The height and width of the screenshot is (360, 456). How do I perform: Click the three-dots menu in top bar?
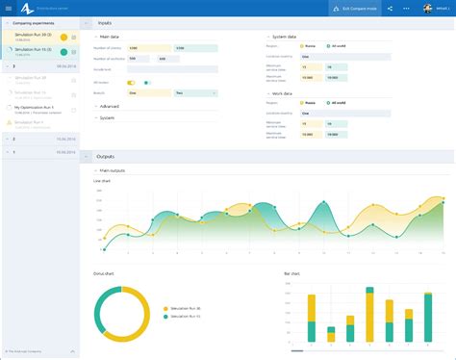pyautogui.click(x=405, y=8)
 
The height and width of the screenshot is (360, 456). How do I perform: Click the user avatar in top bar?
pyautogui.click(x=428, y=8)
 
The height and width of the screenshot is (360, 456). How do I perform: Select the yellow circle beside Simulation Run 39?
pyautogui.click(x=63, y=37)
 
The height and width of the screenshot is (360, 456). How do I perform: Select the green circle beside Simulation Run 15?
pyautogui.click(x=63, y=52)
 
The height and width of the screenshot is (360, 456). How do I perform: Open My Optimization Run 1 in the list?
pyautogui.click(x=34, y=107)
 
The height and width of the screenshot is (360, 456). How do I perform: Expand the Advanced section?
pyautogui.click(x=110, y=107)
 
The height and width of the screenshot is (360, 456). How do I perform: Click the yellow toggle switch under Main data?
pyautogui.click(x=131, y=83)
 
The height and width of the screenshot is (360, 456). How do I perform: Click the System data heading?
pyautogui.click(x=285, y=36)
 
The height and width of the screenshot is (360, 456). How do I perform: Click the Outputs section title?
pyautogui.click(x=106, y=156)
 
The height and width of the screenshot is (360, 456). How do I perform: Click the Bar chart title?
pyautogui.click(x=294, y=272)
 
